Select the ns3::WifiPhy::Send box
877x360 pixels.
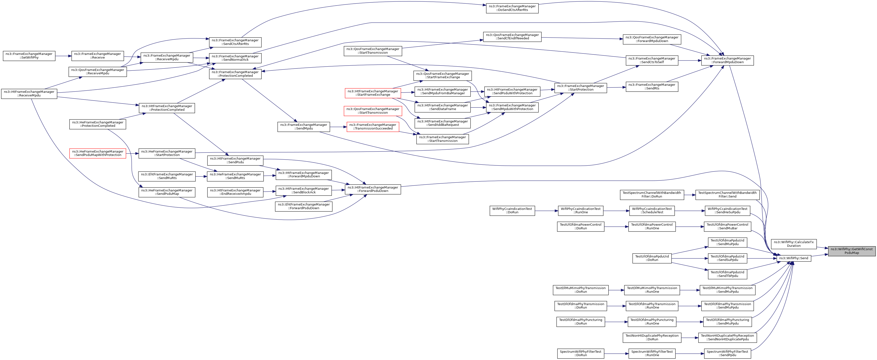click(x=793, y=258)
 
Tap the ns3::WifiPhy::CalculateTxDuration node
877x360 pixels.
click(x=794, y=244)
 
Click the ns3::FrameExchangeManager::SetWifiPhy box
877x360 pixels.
click(x=29, y=56)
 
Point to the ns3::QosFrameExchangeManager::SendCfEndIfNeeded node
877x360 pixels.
click(x=512, y=37)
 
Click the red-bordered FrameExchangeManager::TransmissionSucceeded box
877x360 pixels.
click(x=372, y=127)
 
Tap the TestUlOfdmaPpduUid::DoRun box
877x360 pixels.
click(x=652, y=258)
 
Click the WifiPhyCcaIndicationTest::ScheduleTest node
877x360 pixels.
click(x=652, y=211)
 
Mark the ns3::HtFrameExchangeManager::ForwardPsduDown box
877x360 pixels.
click(x=372, y=189)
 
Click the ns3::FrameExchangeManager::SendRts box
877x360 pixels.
click(x=652, y=87)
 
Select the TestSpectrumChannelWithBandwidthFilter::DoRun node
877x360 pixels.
click(x=652, y=195)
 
